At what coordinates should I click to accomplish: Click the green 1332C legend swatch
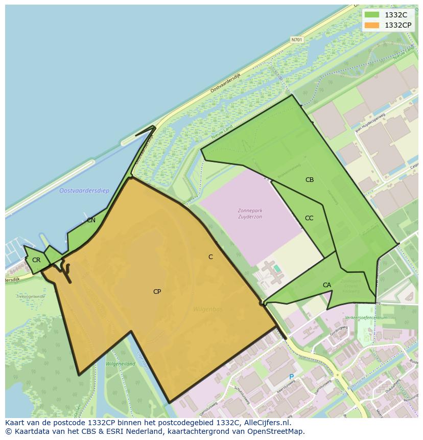tap(372, 15)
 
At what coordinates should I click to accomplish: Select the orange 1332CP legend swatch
tap(372, 25)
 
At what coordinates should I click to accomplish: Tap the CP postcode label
tap(157, 292)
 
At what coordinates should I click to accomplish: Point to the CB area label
tap(310, 180)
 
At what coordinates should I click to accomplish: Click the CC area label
tap(309, 218)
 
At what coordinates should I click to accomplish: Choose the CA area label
tap(327, 285)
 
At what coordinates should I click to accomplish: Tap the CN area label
tap(91, 220)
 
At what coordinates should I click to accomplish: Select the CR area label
tap(36, 260)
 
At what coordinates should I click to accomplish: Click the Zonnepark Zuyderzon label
tap(250, 214)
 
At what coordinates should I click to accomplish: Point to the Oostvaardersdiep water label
tap(84, 191)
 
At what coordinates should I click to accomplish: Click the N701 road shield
tap(296, 39)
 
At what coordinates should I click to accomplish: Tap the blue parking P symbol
tap(292, 377)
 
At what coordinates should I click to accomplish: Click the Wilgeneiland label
tap(120, 364)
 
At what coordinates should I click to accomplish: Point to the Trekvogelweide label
tap(31, 296)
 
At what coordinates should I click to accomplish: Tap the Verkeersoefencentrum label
tap(366, 317)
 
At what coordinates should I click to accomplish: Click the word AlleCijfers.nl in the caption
tap(265, 423)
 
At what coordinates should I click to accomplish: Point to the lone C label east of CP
tap(210, 257)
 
